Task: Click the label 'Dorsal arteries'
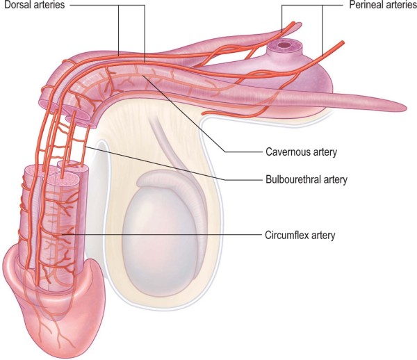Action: tap(33, 6)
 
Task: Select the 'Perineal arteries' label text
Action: tap(381, 6)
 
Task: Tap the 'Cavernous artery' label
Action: tap(297, 150)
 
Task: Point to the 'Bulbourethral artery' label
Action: tap(306, 179)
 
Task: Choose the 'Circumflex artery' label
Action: tap(301, 235)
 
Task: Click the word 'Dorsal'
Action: tap(16, 6)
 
